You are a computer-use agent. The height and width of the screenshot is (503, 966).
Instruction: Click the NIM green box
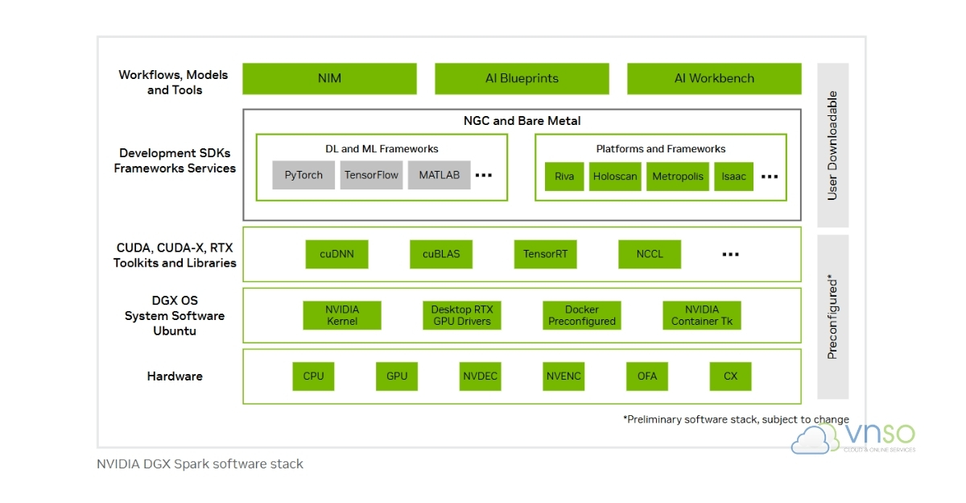329,78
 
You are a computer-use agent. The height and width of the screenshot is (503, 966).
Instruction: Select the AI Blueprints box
522,78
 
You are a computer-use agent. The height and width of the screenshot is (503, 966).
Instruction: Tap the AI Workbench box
714,78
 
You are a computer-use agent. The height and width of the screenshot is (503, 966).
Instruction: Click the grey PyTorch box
303,175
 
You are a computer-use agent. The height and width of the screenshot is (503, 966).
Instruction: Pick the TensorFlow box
371,175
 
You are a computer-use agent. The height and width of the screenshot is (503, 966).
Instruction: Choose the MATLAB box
439,175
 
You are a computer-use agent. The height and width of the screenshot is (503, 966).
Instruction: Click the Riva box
564,177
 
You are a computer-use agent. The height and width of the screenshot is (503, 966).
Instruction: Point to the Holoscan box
615,177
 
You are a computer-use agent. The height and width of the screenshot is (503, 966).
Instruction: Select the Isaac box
733,177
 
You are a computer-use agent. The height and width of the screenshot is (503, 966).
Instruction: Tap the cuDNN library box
336,254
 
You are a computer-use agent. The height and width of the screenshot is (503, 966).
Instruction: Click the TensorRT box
545,254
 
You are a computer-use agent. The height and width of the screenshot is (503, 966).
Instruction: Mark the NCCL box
650,254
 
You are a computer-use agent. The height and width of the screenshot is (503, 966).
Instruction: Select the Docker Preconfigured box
582,315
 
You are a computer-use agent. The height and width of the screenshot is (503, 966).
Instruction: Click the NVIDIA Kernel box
342,315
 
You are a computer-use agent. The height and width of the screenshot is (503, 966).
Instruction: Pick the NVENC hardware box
563,376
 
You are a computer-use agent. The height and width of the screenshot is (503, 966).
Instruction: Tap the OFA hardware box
647,376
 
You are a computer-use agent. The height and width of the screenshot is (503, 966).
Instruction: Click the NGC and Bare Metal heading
522,121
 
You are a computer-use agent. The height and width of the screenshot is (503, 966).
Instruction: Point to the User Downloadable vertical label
832,145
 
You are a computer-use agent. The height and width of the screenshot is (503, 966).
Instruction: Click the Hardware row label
175,376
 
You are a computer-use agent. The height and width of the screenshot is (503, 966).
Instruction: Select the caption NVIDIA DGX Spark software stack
200,464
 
